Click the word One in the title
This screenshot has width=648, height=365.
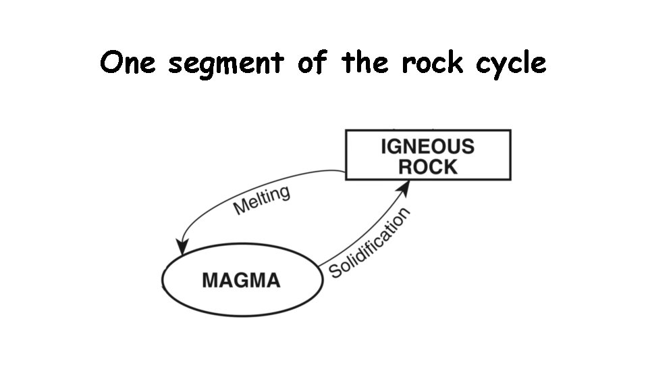(128, 64)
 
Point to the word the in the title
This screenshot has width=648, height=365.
(364, 64)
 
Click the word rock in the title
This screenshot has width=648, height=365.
(433, 64)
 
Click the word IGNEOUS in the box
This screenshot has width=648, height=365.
(427, 146)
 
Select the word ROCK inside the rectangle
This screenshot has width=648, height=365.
(427, 167)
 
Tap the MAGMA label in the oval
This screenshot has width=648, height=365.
(241, 280)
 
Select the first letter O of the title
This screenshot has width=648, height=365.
(112, 64)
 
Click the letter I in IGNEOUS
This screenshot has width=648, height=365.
(384, 146)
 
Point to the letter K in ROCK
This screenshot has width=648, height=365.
(450, 167)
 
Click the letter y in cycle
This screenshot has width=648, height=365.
(500, 67)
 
